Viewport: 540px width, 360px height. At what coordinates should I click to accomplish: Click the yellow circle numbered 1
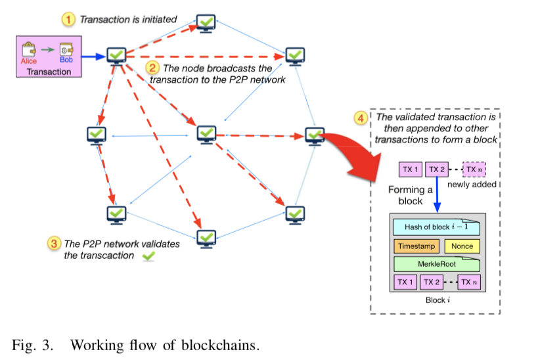point(69,20)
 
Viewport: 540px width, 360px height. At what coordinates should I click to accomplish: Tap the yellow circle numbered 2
point(152,67)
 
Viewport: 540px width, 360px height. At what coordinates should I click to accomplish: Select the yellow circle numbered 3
point(54,243)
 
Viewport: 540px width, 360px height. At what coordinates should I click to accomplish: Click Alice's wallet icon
point(29,50)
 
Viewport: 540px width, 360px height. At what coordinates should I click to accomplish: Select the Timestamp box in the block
point(415,246)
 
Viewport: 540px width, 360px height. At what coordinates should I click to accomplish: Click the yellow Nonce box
point(462,246)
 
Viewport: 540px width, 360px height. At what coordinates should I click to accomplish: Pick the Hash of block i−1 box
point(436,227)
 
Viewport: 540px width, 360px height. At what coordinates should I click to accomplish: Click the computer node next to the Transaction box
point(116,55)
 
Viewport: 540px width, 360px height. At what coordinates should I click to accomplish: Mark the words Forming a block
point(411,195)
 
